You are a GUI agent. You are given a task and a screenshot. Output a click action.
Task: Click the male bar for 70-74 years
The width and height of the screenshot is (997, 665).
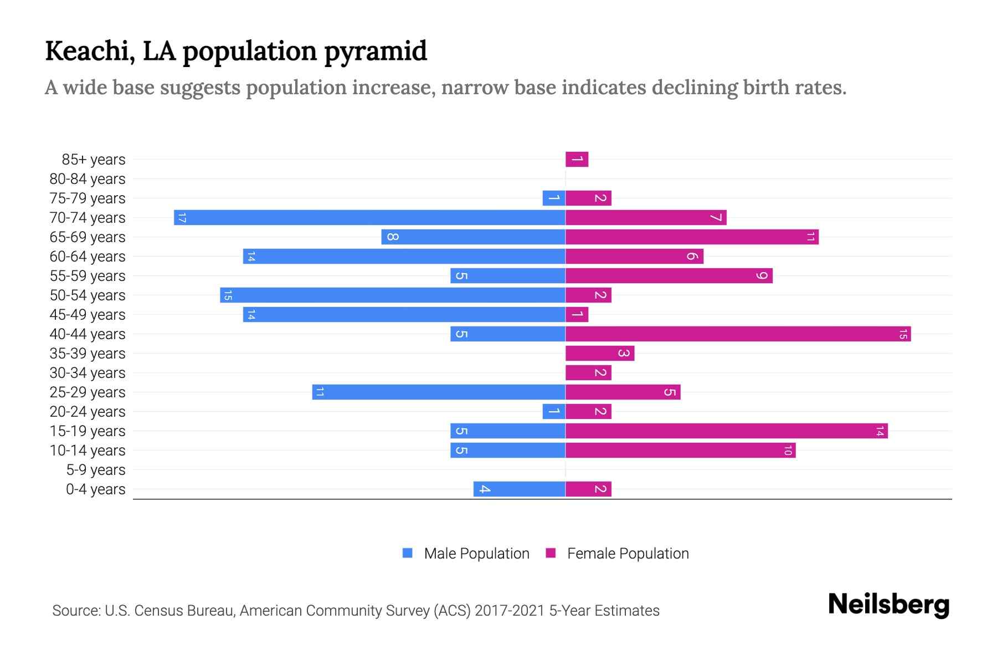coord(369,218)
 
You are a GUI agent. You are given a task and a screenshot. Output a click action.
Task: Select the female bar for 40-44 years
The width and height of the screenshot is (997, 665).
coord(738,334)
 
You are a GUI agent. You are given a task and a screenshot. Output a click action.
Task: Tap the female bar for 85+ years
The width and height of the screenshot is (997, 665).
coord(577,160)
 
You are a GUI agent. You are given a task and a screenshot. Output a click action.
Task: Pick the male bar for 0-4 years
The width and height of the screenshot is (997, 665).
coord(519,489)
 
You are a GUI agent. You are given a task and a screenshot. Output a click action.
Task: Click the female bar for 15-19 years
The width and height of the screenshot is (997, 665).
coord(726,431)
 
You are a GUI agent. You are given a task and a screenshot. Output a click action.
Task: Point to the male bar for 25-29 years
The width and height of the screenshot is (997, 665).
coord(439,392)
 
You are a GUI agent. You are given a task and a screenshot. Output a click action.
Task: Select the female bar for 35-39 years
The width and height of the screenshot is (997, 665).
coord(600,354)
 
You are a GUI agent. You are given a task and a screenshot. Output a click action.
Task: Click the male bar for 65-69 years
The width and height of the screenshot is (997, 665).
coord(473,237)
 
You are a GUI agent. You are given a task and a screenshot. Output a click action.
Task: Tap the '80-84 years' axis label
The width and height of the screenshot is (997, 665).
coord(88,179)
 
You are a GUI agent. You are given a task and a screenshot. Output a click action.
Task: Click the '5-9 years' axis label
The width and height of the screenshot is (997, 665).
coord(96,470)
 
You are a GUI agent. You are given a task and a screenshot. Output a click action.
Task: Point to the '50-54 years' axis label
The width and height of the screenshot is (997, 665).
coord(88,295)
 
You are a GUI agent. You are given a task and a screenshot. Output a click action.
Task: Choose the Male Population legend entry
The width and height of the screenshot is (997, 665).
coord(466,554)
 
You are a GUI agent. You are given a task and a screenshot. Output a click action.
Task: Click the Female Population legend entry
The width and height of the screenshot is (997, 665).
coord(617,554)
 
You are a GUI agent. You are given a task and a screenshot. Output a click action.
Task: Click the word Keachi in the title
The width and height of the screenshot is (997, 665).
coord(90,51)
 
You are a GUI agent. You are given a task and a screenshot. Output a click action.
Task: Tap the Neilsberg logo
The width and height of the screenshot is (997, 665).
coord(888,605)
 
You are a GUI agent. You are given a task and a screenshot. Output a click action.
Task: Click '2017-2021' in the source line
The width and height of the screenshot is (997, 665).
coord(510,611)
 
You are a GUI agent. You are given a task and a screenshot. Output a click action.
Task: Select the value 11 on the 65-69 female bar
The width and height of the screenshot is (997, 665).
coord(810,237)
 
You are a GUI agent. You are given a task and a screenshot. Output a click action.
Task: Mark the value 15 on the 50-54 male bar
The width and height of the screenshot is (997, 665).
coord(227,295)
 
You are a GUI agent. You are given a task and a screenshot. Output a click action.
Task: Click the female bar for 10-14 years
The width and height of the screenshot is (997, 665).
coord(680,451)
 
